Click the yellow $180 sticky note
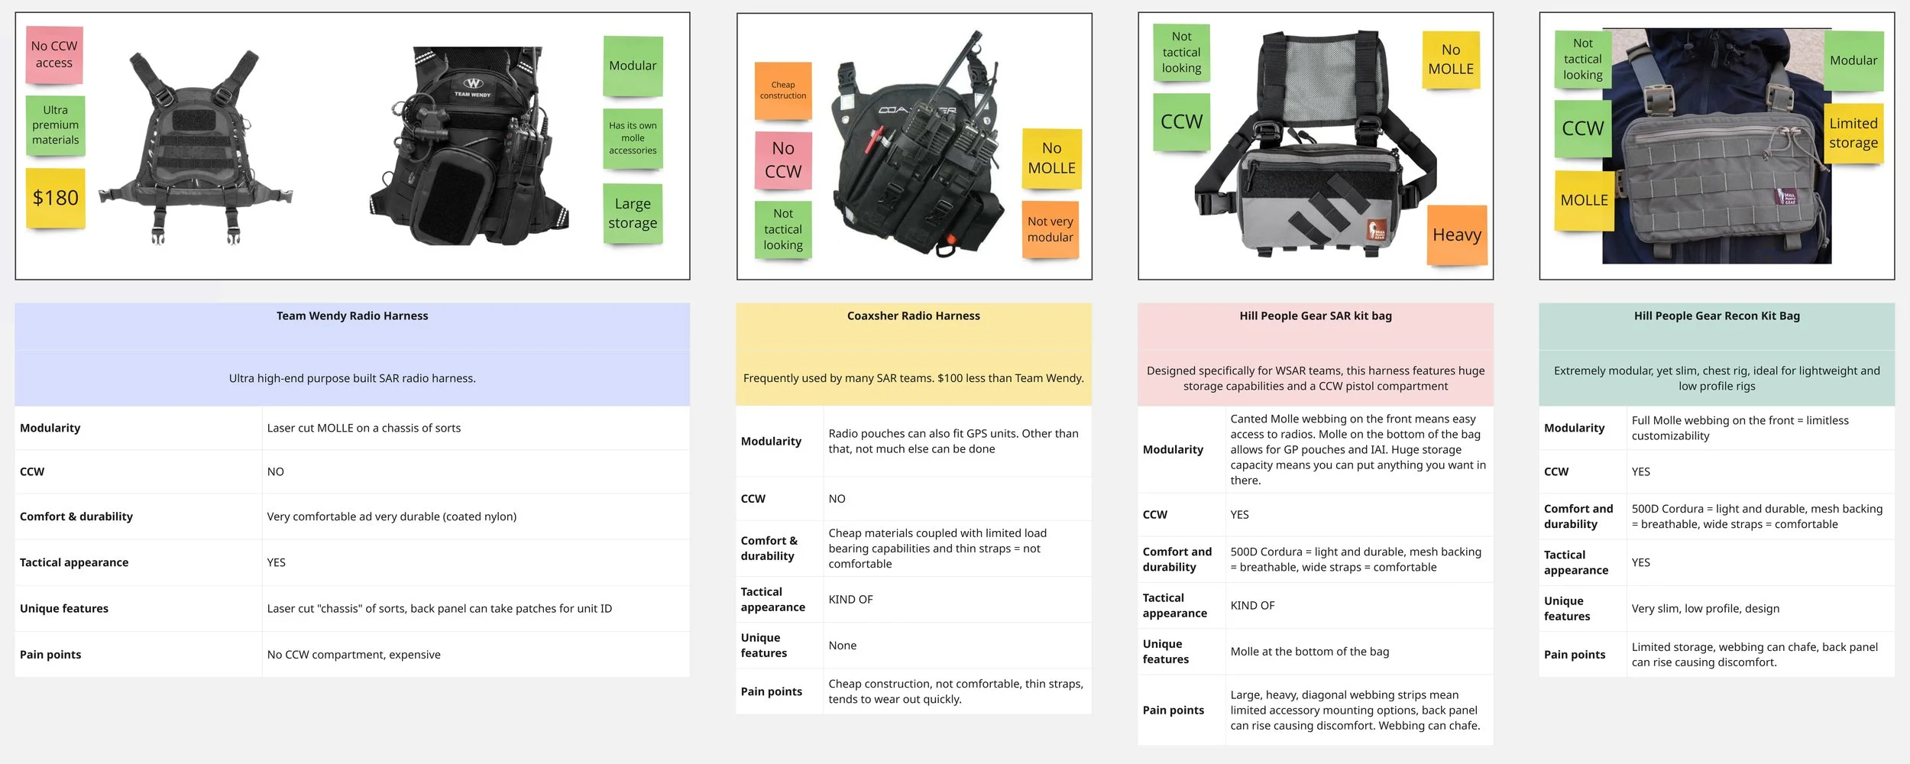click(x=55, y=198)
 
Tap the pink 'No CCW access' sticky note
click(x=54, y=55)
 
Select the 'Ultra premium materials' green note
click(x=55, y=125)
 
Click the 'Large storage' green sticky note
click(x=633, y=213)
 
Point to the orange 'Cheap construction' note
click(x=782, y=91)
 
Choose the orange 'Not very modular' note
click(x=1050, y=229)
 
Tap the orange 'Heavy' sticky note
click(x=1456, y=235)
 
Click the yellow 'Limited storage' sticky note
click(x=1853, y=133)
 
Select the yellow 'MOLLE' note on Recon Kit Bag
click(x=1584, y=200)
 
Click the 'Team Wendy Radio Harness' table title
click(x=352, y=316)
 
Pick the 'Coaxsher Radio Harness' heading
click(x=913, y=316)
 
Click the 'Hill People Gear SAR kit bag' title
click(x=1315, y=316)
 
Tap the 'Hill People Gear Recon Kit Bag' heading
click(x=1717, y=316)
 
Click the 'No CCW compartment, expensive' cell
click(x=354, y=655)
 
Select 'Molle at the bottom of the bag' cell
click(x=1309, y=652)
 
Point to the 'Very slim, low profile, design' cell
click(x=1705, y=609)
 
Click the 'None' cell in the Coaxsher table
click(x=842, y=646)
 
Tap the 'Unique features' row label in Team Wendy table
click(x=64, y=609)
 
